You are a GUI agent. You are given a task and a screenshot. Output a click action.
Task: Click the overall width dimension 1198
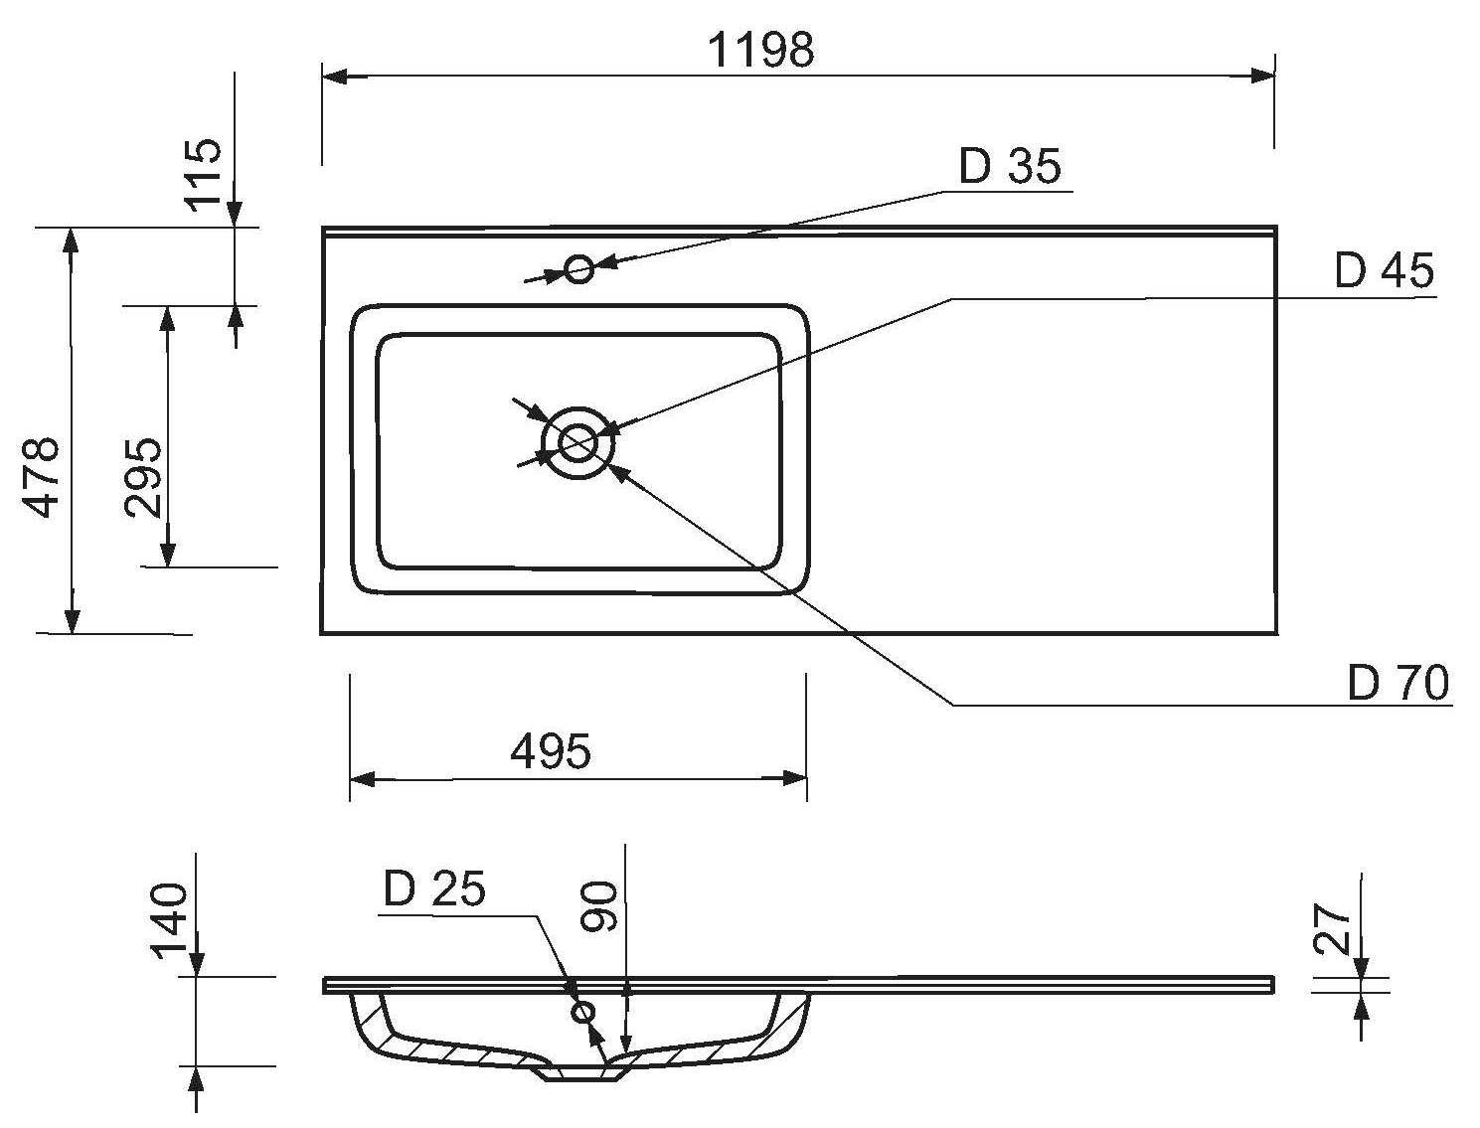(760, 50)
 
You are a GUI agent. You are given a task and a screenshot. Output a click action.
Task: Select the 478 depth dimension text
(43, 477)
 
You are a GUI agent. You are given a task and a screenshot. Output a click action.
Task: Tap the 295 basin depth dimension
(143, 477)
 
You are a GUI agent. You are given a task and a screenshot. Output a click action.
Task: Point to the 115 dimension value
(204, 173)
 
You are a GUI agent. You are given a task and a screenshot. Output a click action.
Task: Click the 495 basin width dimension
(550, 751)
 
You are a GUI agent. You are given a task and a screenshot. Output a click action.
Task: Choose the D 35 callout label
(1010, 166)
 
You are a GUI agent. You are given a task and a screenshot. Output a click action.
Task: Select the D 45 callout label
(1384, 270)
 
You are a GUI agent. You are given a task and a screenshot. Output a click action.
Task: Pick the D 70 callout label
(1398, 683)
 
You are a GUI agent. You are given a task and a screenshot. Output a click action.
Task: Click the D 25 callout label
(434, 889)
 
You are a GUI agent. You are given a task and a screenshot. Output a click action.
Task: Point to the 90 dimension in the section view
(600, 906)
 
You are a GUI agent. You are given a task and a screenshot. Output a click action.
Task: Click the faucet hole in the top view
(579, 268)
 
